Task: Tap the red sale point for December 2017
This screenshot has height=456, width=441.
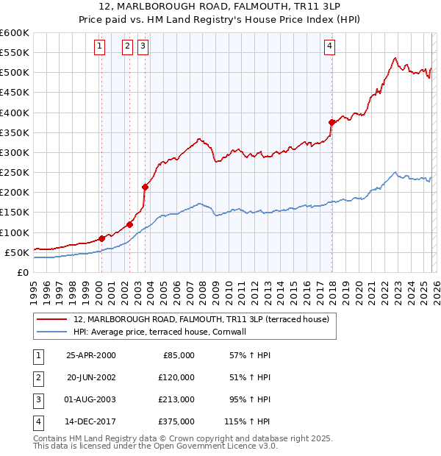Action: (x=332, y=122)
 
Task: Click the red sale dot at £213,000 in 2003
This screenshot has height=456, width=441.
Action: (x=146, y=187)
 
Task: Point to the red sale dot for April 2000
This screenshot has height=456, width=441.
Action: (x=101, y=238)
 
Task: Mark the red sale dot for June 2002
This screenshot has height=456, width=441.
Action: (x=129, y=224)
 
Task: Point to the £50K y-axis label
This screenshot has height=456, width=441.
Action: (x=16, y=252)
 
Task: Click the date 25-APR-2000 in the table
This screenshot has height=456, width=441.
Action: (x=91, y=355)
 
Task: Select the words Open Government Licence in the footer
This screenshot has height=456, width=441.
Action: (x=223, y=446)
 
